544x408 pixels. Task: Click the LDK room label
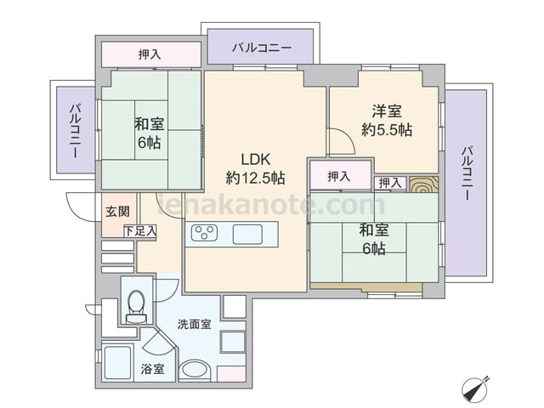click(x=256, y=159)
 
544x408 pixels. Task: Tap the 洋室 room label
click(x=387, y=111)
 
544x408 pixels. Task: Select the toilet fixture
click(x=136, y=306)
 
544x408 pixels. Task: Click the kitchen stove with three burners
click(x=204, y=232)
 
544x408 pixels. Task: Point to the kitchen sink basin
click(x=247, y=235)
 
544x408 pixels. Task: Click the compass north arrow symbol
click(x=475, y=389)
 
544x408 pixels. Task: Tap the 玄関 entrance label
click(x=117, y=212)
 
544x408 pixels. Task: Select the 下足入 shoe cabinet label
click(x=140, y=231)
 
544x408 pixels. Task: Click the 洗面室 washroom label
click(x=195, y=325)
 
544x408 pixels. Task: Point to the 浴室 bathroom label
click(x=153, y=369)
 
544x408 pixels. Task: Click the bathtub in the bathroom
click(x=118, y=363)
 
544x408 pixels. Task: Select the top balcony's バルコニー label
click(x=262, y=48)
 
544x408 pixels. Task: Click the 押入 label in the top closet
click(x=150, y=54)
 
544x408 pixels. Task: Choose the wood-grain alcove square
click(x=423, y=184)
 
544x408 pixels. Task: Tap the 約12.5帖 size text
click(x=256, y=178)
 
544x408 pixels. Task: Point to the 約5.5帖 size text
click(x=387, y=130)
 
